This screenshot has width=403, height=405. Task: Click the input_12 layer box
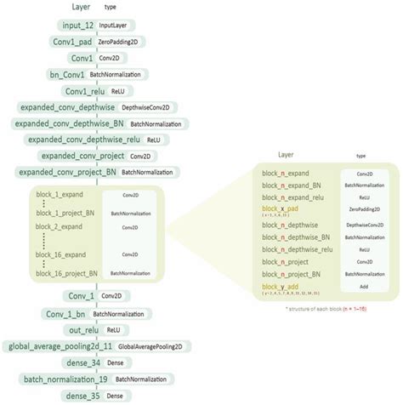point(78,26)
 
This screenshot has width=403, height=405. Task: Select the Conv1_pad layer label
point(78,42)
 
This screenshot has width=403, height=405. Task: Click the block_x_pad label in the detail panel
point(281,208)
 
